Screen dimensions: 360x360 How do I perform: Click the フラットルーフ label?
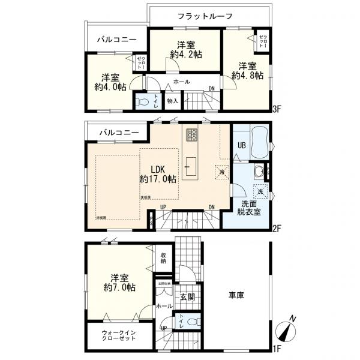tap(204, 16)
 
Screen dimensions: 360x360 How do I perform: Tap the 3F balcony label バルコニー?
tap(117, 40)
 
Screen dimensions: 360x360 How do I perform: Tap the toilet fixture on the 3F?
tap(143, 103)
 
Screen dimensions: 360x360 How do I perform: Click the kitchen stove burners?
tap(192, 136)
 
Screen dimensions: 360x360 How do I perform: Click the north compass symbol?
tap(286, 329)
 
